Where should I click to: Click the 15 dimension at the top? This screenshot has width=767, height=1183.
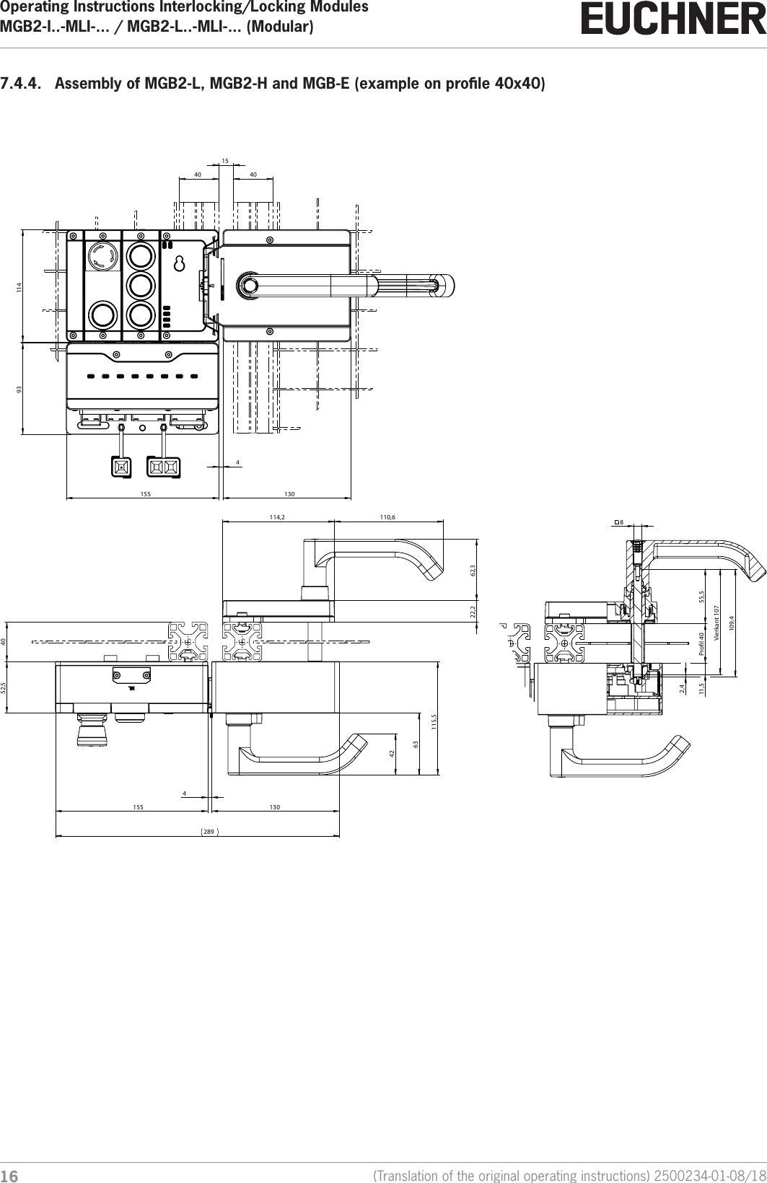pos(225,160)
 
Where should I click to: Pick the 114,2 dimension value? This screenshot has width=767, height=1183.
pos(277,516)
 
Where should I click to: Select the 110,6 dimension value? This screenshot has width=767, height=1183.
pos(389,516)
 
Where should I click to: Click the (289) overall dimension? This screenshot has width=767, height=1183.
pos(208,832)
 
